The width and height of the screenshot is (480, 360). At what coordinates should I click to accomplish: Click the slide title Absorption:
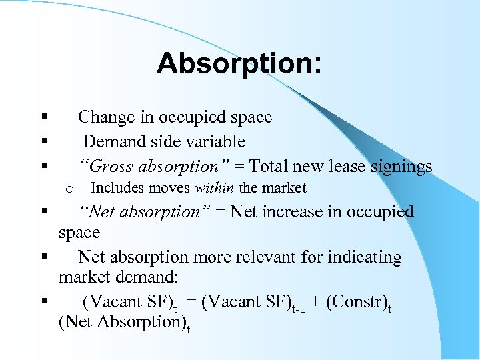239,64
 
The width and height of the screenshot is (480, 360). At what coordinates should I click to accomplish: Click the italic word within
215,188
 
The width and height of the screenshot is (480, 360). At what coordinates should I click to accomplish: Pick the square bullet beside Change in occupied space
43,117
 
